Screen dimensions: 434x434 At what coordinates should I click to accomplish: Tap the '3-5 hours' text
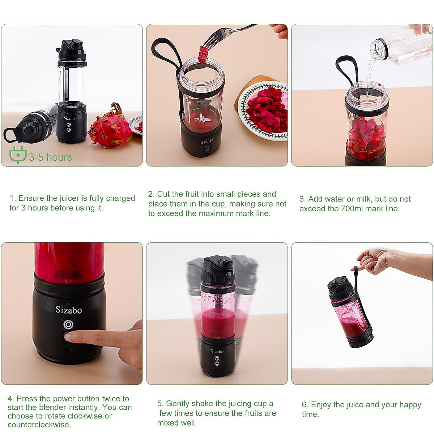click(x=50, y=157)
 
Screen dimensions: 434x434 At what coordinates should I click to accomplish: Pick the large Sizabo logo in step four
click(x=68, y=310)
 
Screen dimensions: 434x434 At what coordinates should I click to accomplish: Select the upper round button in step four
click(x=68, y=324)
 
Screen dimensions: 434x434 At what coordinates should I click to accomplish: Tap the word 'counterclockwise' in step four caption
click(x=39, y=425)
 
